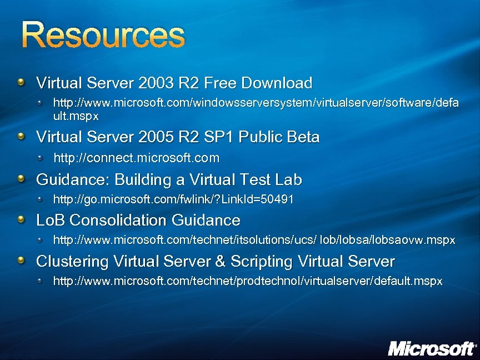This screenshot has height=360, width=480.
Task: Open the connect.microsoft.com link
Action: [137, 158]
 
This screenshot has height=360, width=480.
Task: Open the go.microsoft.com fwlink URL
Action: [173, 199]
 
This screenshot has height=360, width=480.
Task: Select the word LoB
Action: [49, 221]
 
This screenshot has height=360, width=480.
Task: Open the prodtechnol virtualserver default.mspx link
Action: [247, 281]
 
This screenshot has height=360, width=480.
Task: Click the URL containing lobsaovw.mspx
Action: [254, 241]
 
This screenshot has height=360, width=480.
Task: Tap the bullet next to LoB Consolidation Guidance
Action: [21, 220]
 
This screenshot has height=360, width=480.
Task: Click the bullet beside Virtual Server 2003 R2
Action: [21, 83]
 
